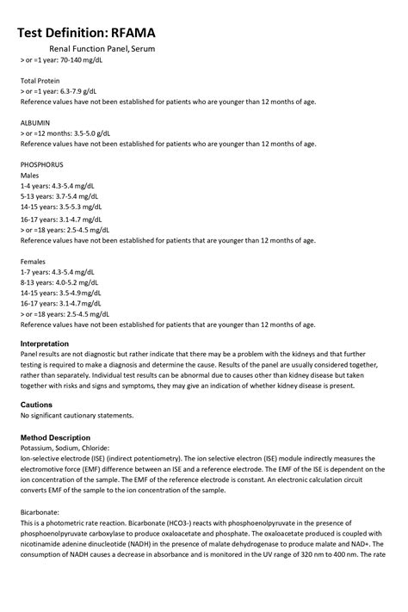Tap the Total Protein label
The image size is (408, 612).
coord(40,79)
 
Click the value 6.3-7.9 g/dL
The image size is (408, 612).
coord(76,90)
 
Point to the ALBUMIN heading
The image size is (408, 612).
coord(36,122)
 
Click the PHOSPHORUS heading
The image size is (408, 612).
coord(42,164)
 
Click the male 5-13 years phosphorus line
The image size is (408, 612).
coord(59,196)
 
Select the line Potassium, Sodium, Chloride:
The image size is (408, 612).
coord(65,448)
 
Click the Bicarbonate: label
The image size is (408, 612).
coord(40,511)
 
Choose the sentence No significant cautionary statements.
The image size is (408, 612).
coord(77,416)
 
